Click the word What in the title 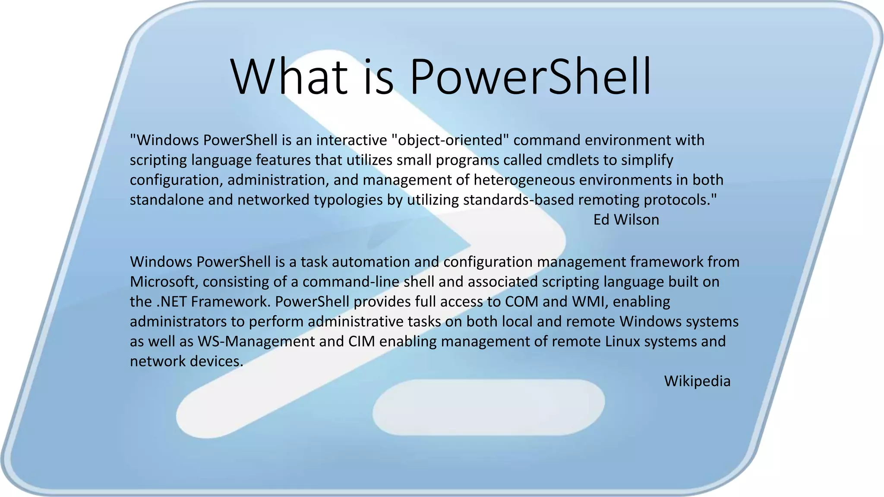(289, 77)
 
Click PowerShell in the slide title (530, 77)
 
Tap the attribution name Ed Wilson (626, 220)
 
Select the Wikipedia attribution (697, 381)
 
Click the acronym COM (522, 302)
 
